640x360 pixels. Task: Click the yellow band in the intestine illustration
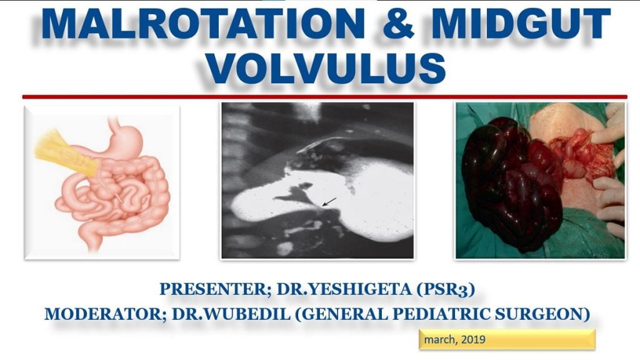pos(62,154)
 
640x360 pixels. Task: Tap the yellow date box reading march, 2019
pos(507,340)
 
